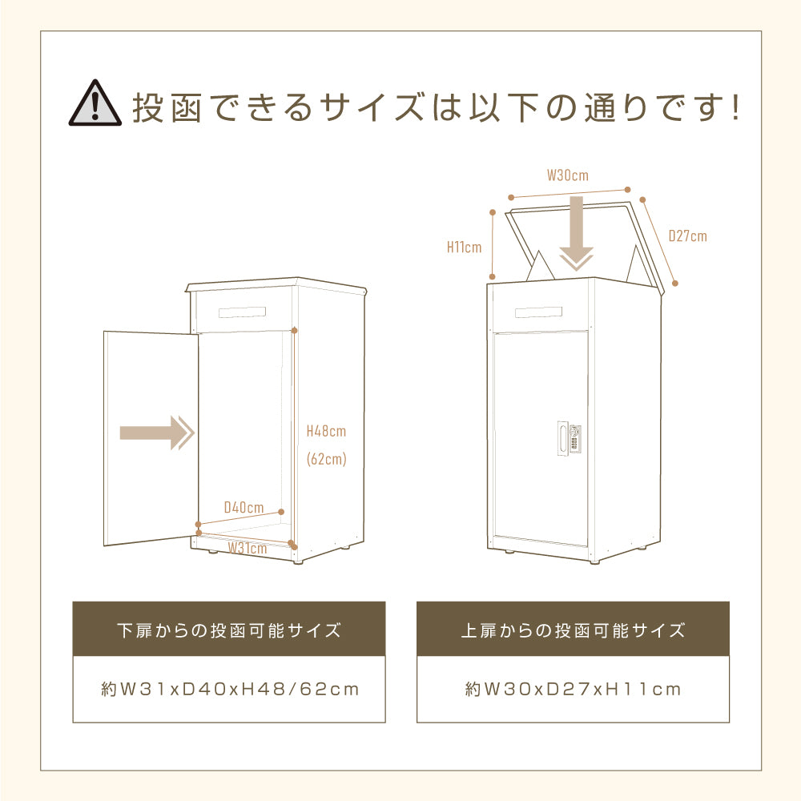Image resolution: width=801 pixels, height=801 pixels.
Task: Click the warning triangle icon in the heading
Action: (93, 103)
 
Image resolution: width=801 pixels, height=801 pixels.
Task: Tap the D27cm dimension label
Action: (687, 236)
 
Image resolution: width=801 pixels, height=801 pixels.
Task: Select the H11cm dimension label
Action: (465, 247)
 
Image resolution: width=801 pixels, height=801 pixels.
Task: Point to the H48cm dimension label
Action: (326, 431)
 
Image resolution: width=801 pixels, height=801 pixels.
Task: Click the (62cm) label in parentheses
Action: (327, 460)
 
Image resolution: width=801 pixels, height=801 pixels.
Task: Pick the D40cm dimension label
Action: (244, 507)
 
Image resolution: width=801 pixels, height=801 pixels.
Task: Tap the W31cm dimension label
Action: (247, 549)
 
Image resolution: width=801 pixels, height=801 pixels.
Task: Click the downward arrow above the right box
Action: (576, 237)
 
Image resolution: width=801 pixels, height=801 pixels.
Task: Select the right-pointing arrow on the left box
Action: (157, 433)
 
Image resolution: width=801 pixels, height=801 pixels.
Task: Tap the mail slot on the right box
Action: (538, 312)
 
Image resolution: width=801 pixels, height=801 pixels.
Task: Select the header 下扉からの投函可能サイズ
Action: (228, 630)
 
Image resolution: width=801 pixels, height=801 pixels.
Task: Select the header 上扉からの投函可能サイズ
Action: (573, 630)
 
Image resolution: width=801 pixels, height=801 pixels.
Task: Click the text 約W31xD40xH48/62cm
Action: (229, 689)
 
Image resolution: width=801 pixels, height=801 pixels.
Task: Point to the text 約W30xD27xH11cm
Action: (573, 689)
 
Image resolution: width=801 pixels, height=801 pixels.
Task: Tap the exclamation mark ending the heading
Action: (735, 108)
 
